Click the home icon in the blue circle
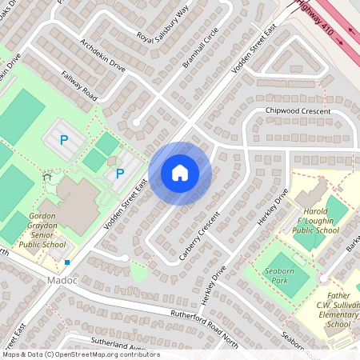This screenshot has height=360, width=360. point(180,173)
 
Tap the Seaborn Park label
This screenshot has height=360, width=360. point(281,277)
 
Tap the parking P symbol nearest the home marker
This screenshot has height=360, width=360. point(120,173)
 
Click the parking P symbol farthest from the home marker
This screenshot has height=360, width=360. point(64,140)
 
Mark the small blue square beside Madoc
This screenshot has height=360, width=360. point(67,262)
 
